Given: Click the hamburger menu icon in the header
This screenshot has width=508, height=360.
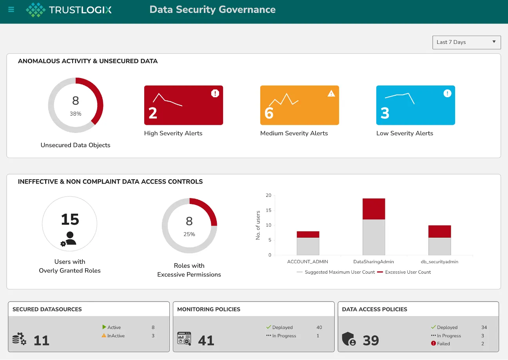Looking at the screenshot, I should coord(11,10).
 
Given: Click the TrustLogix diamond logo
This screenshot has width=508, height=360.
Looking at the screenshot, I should coord(35,10).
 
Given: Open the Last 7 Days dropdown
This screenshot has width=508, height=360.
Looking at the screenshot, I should coord(466,42).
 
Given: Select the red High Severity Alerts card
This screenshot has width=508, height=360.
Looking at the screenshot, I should coord(183,105).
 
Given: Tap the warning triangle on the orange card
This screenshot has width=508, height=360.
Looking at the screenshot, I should coord(331,93).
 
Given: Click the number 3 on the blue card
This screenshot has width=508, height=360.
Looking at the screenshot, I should coord(385,113).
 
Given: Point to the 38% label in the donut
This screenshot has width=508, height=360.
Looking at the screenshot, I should coord(76,114).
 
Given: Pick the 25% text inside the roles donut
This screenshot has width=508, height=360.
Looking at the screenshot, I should coord(189,234).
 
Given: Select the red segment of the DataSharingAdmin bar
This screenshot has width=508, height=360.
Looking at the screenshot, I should coord(374,209).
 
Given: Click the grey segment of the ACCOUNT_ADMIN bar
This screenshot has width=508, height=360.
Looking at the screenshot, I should coord(308,246).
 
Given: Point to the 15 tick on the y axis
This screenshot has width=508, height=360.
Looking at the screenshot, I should coord(269,210).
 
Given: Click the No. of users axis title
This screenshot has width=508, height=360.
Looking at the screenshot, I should coord(258,225).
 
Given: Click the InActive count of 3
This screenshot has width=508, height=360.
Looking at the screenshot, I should coord(153,336).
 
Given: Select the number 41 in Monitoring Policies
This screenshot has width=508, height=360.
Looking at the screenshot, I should coord(206,340).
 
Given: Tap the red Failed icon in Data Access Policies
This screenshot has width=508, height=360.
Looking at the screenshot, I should coord(434,344).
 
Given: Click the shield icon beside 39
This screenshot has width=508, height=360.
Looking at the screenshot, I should coord(349,339).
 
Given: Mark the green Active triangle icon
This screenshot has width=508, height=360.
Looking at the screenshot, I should coord(104,327).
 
